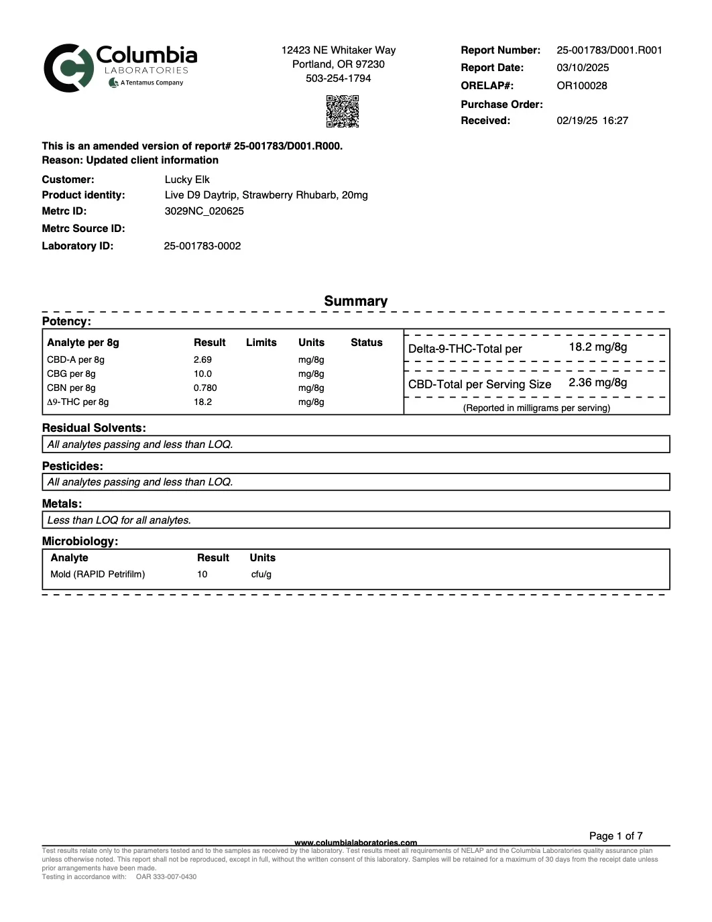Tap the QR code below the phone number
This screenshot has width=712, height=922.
tap(342, 111)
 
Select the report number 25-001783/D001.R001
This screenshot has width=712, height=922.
tap(609, 50)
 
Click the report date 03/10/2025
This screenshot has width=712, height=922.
tap(583, 68)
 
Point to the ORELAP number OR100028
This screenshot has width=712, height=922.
tap(581, 86)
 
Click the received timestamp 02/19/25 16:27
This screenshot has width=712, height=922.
tap(592, 121)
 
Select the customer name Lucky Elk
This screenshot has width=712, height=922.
tap(187, 180)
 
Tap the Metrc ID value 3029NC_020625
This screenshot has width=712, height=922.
tap(204, 211)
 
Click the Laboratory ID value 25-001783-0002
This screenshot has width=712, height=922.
tap(202, 246)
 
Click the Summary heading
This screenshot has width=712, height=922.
tap(355, 301)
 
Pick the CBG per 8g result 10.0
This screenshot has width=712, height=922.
tap(202, 374)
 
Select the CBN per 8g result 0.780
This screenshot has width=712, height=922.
tap(205, 388)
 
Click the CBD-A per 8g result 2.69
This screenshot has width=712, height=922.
tap(202, 360)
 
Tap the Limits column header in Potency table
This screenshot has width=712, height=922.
tap(261, 343)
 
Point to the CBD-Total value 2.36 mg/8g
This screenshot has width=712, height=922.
tap(597, 383)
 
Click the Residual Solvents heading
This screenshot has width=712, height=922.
tap(94, 428)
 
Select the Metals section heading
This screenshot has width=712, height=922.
tap(62, 504)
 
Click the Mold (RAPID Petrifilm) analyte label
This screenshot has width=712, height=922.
tap(98, 575)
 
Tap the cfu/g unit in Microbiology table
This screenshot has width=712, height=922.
tap(261, 575)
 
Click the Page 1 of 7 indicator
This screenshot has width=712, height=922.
tap(615, 836)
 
